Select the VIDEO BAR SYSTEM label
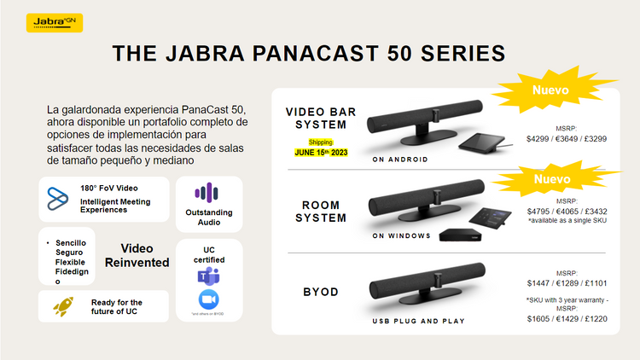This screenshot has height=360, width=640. (321, 119)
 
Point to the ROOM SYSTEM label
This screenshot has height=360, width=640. (321, 211)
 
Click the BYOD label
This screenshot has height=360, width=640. (321, 292)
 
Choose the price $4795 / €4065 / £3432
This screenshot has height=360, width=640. (567, 209)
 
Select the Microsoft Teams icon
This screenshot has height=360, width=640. (208, 275)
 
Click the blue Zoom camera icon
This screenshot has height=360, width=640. (208, 300)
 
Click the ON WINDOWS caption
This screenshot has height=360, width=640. (402, 235)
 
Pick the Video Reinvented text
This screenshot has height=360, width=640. (137, 255)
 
